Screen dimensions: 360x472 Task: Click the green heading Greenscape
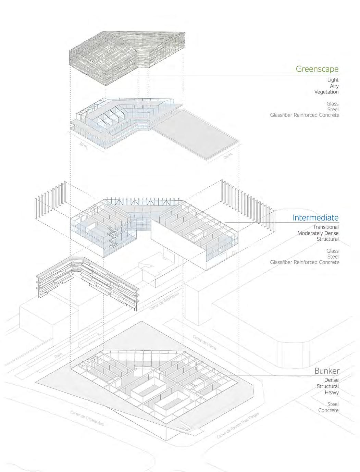pyautogui.click(x=317, y=69)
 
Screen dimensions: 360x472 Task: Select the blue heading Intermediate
pyautogui.click(x=315, y=218)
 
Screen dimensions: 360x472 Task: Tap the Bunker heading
pyautogui.click(x=327, y=371)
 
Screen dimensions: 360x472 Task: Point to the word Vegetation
pyautogui.click(x=326, y=92)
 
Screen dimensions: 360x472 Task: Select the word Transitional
pyautogui.click(x=325, y=227)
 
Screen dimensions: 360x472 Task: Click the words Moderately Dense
pyautogui.click(x=318, y=233)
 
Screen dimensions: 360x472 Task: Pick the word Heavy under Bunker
pyautogui.click(x=332, y=392)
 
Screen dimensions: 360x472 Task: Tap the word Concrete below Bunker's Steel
pyautogui.click(x=328, y=410)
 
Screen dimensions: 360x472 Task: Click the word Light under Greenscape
pyautogui.click(x=333, y=80)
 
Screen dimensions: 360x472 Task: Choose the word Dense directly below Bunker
pyautogui.click(x=331, y=380)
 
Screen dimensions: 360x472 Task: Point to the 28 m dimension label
pyautogui.click(x=228, y=157)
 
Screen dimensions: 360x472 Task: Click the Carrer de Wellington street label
pyautogui.click(x=164, y=301)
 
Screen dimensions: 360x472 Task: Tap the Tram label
pyautogui.click(x=59, y=356)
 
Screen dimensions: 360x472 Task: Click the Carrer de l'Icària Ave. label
pyautogui.click(x=87, y=418)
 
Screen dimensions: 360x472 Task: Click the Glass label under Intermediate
pyautogui.click(x=332, y=251)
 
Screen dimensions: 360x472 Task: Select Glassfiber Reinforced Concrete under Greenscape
pyautogui.click(x=305, y=115)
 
